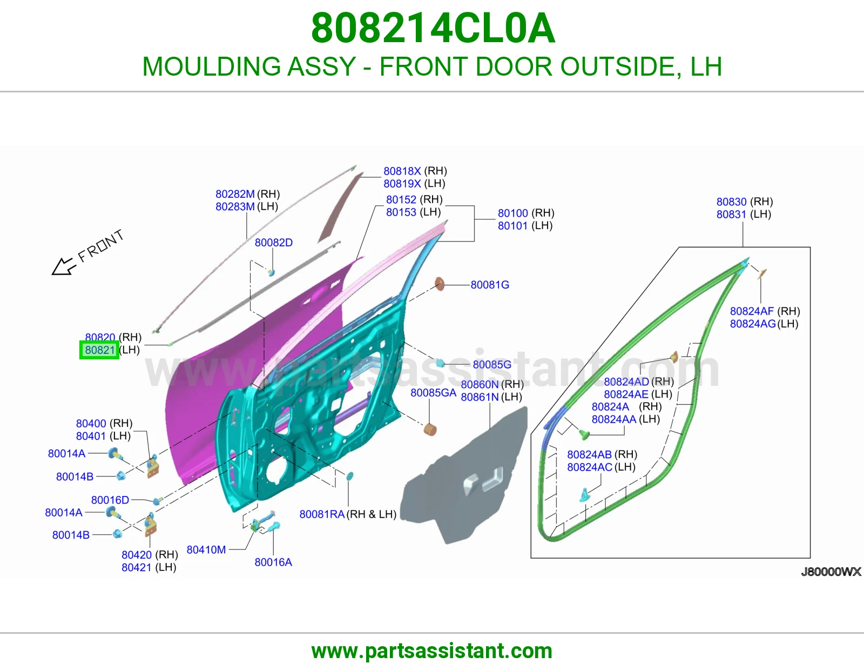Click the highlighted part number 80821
tap(99, 350)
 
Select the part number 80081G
tap(490, 285)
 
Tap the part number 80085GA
tap(434, 393)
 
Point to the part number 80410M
tap(206, 550)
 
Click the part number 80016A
tap(273, 562)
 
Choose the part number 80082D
tap(274, 243)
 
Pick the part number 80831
tap(731, 215)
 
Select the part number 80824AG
tap(753, 324)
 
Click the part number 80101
tap(513, 226)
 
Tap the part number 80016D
tap(110, 500)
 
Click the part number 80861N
tap(480, 397)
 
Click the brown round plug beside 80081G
tap(440, 284)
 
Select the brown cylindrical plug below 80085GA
tap(430, 430)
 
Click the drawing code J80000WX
tap(831, 572)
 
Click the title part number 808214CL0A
tap(433, 28)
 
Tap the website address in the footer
tap(432, 652)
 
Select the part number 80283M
tap(235, 206)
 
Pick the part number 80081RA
tap(322, 514)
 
